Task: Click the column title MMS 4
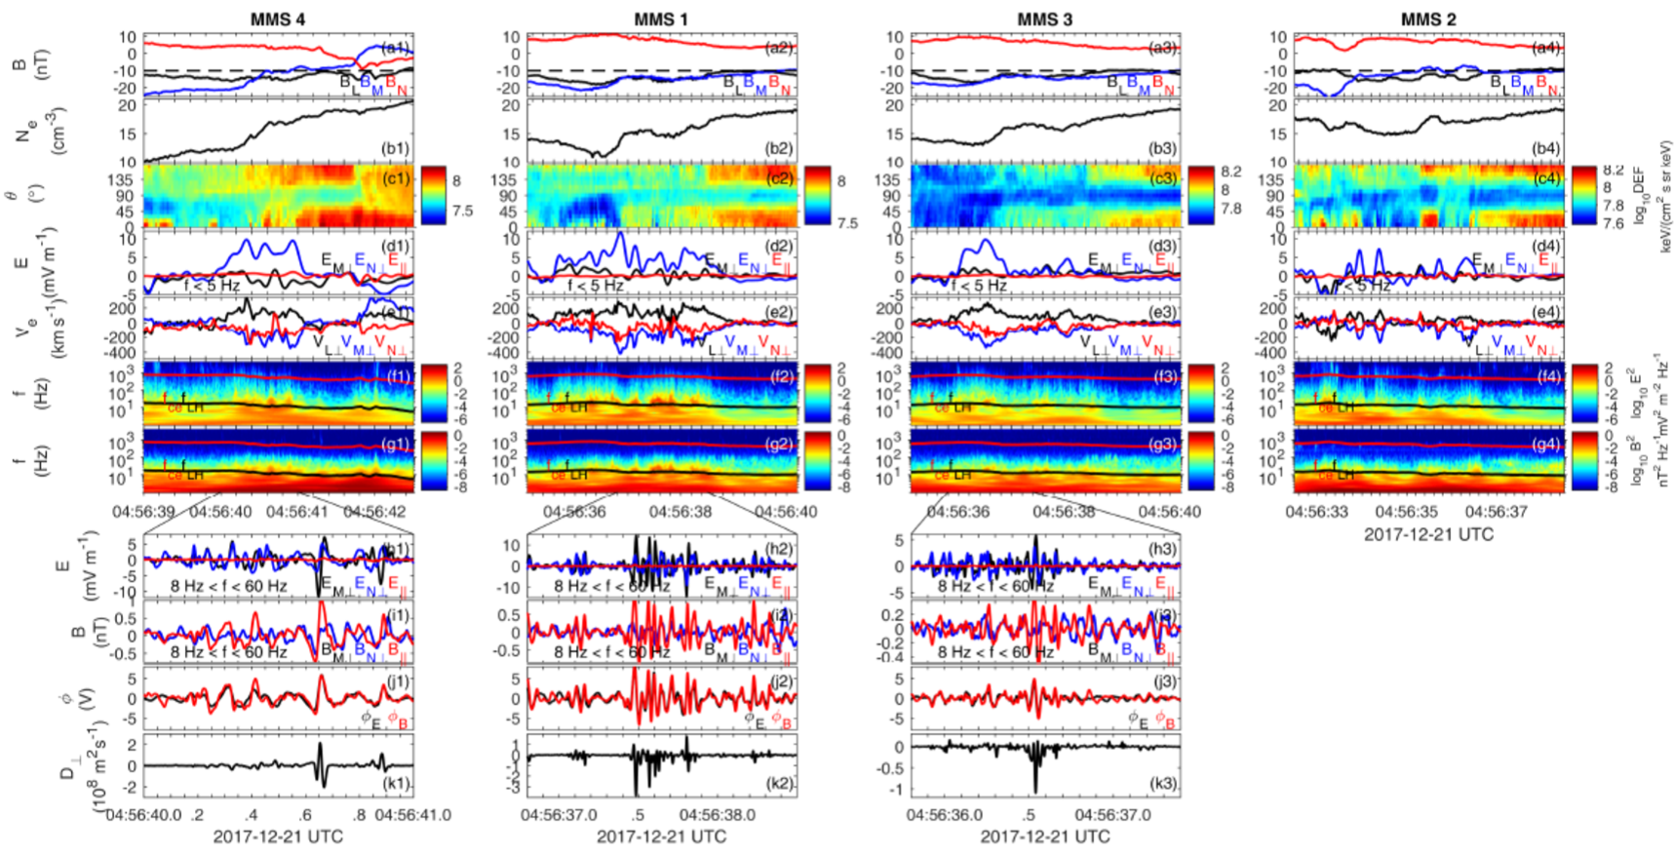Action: pos(278,19)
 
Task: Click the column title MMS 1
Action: pos(661,19)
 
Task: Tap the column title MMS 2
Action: pos(1427,19)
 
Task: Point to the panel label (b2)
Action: pos(779,149)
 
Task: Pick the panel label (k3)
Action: pos(1162,784)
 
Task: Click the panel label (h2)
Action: pos(779,549)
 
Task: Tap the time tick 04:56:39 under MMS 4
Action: pos(144,511)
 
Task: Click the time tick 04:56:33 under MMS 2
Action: pos(1317,511)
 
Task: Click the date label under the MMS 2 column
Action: pos(1427,533)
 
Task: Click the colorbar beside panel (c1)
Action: pos(433,195)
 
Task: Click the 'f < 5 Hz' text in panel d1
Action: pos(212,286)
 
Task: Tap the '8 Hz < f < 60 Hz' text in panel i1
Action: pos(228,651)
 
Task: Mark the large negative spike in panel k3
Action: pos(1034,788)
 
